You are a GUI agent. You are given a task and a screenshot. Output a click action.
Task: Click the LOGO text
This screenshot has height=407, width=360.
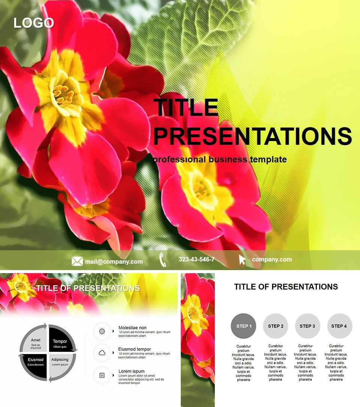[x=34, y=23]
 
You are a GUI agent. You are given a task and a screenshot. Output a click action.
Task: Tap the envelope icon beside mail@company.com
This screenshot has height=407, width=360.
[x=77, y=261]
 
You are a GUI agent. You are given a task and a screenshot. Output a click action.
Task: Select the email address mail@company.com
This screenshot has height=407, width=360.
[x=114, y=261]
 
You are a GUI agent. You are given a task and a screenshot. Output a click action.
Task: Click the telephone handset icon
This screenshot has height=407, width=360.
[x=163, y=260]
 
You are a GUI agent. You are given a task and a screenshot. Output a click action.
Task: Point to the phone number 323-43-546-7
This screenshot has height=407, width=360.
[x=196, y=260]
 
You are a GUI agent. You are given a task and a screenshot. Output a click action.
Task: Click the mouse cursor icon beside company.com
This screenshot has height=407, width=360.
[x=242, y=260]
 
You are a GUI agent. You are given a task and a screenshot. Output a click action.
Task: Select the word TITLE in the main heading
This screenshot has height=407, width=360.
[x=186, y=107]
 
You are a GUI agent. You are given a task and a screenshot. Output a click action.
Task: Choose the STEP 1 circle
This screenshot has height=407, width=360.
[x=244, y=326]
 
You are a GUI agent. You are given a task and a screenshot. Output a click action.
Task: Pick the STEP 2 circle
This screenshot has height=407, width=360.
[x=276, y=326]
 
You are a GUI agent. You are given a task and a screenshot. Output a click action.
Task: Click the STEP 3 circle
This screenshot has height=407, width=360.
[x=307, y=326]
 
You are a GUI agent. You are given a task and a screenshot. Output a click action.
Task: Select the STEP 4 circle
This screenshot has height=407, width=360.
[x=340, y=326]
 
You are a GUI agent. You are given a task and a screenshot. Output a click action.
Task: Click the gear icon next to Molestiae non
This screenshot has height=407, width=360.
[x=102, y=331]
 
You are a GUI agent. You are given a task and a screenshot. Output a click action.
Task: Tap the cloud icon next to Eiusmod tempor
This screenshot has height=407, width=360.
[x=102, y=353]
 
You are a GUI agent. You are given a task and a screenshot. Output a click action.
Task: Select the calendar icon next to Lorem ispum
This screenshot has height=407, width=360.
[x=102, y=375]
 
